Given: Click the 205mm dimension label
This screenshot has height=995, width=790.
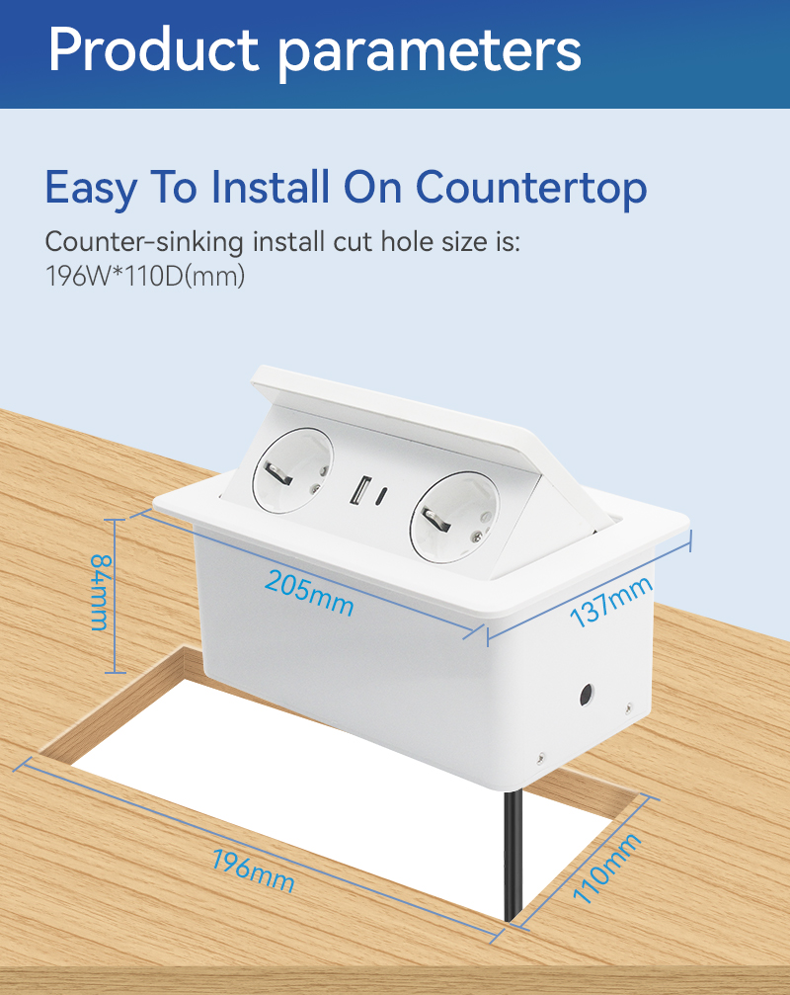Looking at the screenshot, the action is point(309,593).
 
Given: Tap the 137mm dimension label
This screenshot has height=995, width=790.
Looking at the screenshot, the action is point(610,601).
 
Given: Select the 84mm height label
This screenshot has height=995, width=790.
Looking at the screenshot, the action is point(100,593).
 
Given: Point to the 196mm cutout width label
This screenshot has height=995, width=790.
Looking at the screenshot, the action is point(253,870).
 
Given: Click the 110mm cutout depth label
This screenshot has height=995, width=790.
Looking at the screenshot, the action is point(606,868).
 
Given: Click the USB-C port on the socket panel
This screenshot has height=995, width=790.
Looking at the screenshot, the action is point(382,496).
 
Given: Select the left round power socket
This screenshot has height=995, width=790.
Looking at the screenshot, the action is point(292,470).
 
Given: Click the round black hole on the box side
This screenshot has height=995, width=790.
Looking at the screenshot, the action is point(588,696).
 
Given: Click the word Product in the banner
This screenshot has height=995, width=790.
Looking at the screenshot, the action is point(153,50).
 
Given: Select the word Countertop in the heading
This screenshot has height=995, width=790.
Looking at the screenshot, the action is point(531,188).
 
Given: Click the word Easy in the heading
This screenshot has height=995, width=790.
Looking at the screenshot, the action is point(91,189).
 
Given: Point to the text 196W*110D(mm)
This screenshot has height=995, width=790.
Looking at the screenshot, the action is point(145,276).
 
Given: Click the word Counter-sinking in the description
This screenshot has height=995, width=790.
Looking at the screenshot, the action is point(144,243).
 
